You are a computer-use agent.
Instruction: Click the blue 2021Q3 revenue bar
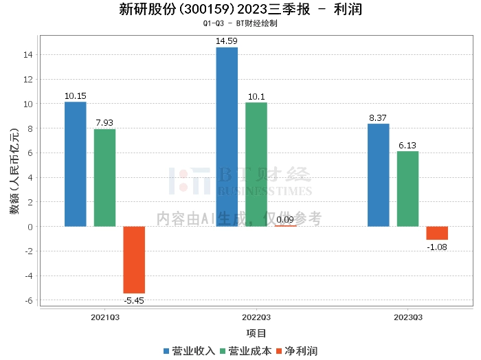[x=75, y=164]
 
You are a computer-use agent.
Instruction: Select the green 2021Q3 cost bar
[x=104, y=178]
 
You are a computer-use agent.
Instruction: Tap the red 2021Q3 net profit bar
[x=134, y=260]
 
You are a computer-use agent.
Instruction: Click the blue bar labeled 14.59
[x=227, y=137]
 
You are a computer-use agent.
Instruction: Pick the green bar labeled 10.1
[x=256, y=164]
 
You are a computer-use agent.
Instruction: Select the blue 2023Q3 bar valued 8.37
[x=378, y=175]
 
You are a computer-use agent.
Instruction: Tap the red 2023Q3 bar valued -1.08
[x=437, y=233]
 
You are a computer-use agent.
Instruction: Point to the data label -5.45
[x=134, y=300]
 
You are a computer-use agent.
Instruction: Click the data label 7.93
[x=104, y=123]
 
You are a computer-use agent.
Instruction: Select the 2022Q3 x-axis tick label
[x=256, y=317]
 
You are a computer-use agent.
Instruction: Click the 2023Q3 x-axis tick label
[x=408, y=317]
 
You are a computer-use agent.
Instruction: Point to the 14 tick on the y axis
[x=28, y=54]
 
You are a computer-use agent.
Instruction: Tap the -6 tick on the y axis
[x=28, y=300]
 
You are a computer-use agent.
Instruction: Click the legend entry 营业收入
[x=189, y=351]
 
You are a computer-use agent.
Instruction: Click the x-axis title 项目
[x=256, y=333]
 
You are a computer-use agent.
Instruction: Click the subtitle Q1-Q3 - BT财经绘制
[x=240, y=23]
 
